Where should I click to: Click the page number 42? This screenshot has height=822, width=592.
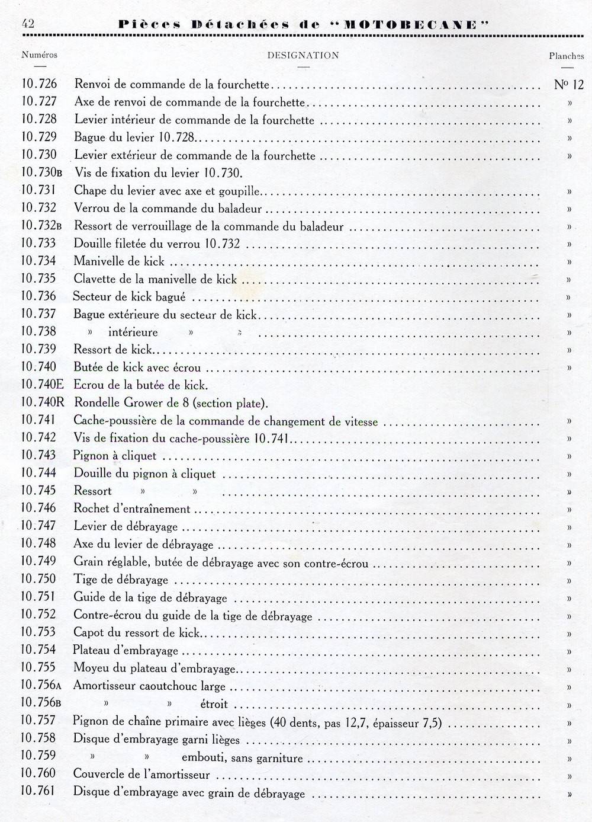(27, 24)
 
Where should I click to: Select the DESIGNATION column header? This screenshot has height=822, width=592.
(303, 55)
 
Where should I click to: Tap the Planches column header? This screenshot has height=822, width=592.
(566, 56)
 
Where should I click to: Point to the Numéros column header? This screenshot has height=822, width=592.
(40, 55)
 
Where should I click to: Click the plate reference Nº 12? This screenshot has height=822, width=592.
(568, 84)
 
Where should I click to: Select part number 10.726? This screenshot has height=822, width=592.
(39, 84)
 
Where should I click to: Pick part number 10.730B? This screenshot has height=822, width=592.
(42, 172)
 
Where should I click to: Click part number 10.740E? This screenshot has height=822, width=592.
(42, 385)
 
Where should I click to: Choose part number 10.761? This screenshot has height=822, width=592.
(39, 791)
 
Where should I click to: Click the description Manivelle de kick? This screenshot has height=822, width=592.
(119, 261)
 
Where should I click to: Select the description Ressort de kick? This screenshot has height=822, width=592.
(113, 350)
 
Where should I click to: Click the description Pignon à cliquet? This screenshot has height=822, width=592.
(115, 456)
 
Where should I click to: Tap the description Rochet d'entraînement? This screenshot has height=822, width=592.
(132, 508)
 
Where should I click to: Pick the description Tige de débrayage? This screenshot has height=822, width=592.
(121, 579)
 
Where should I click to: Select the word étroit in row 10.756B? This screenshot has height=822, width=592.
(214, 704)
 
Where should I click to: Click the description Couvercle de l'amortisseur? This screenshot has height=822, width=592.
(141, 774)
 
